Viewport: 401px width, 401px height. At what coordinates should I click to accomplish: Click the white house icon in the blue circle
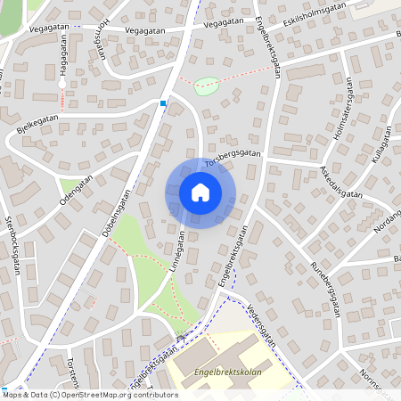click(200, 192)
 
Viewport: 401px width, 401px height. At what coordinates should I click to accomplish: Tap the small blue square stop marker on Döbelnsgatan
click(163, 103)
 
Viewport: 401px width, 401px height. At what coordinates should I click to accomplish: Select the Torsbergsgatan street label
click(233, 157)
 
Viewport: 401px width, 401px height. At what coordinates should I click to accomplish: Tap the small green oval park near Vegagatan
click(206, 86)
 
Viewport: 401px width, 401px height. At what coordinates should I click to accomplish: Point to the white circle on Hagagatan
click(62, 83)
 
